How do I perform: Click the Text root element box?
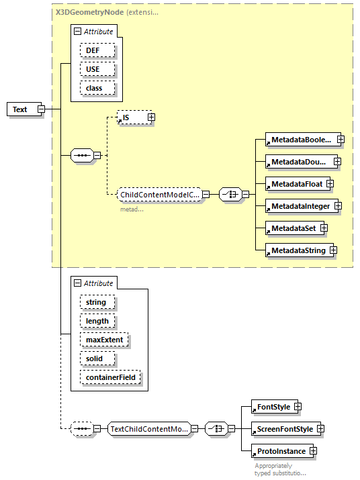(x=21, y=109)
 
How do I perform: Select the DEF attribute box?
(x=97, y=50)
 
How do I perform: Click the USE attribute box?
(x=97, y=69)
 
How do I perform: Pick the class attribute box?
(x=97, y=88)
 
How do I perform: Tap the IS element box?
(x=131, y=117)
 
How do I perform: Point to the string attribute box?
(x=97, y=302)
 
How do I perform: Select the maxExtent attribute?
(x=103, y=340)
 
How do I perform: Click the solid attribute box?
(x=95, y=358)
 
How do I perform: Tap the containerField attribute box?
(x=110, y=377)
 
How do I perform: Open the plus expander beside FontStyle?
(x=298, y=407)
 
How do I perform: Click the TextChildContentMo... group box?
(x=149, y=428)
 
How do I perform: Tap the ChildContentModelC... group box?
(x=159, y=195)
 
